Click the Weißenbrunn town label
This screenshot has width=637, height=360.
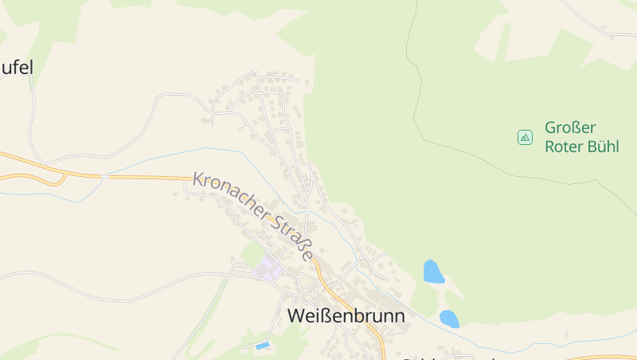[x=346, y=316]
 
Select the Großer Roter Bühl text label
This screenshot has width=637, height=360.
[x=581, y=137]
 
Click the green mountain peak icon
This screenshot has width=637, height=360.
[x=525, y=137]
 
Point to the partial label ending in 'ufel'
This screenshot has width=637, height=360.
[x=17, y=68]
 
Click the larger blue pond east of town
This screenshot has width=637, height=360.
[x=433, y=272]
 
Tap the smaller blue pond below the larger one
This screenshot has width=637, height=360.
[x=449, y=319]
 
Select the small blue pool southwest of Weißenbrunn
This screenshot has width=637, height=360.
[x=263, y=346]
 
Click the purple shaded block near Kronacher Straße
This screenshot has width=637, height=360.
[x=268, y=268]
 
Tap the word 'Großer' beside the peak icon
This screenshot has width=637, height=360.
[x=570, y=127]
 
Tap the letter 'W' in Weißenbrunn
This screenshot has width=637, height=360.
[x=295, y=316]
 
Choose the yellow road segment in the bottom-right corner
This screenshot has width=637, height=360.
[x=613, y=357]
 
